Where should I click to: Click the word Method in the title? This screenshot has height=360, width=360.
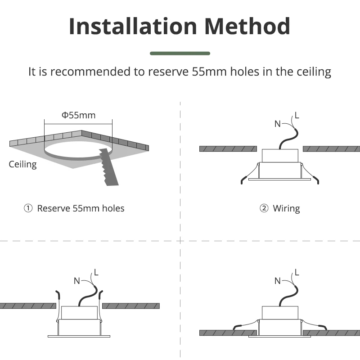point(247,27)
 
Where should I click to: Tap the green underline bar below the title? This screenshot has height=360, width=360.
point(180,54)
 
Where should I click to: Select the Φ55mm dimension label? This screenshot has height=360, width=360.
point(78,115)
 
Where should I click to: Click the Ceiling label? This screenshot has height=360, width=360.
point(23,164)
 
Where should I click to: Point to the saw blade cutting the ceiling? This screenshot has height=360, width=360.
point(108,166)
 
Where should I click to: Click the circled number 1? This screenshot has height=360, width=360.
point(28,208)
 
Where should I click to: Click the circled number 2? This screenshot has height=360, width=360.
point(264,208)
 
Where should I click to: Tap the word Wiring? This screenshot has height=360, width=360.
point(286,209)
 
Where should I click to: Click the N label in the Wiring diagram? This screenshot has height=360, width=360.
point(278,124)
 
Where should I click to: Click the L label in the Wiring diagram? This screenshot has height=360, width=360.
point(297,115)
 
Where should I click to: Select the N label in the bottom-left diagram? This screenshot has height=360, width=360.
point(77,281)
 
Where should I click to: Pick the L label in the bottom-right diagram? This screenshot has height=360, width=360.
point(297,273)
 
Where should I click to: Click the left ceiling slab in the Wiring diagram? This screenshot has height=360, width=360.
point(228,149)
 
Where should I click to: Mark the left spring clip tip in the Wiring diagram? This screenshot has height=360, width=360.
point(242,183)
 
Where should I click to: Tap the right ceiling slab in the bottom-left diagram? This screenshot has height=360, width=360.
point(131,306)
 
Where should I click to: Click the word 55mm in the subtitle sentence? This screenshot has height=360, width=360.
point(209,72)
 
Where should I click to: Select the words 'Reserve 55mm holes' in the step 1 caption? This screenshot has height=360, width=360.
point(81,208)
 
